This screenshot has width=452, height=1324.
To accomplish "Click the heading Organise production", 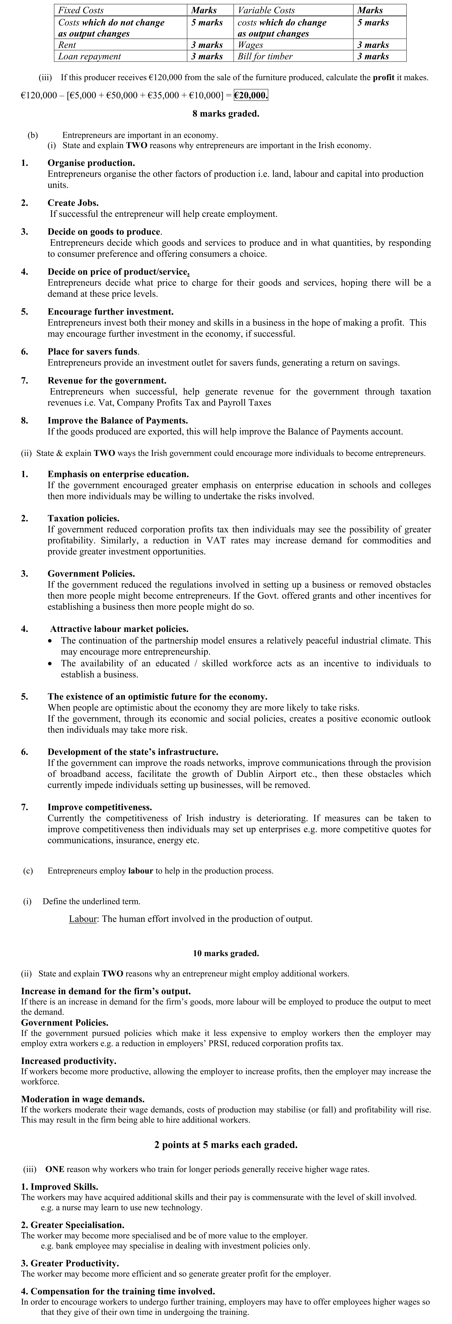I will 91,163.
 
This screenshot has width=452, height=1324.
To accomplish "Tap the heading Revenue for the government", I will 107,381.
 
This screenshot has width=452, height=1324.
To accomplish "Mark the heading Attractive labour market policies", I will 119,629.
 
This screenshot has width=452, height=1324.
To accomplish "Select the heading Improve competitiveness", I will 100,808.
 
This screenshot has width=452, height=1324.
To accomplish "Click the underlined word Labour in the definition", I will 83,919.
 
